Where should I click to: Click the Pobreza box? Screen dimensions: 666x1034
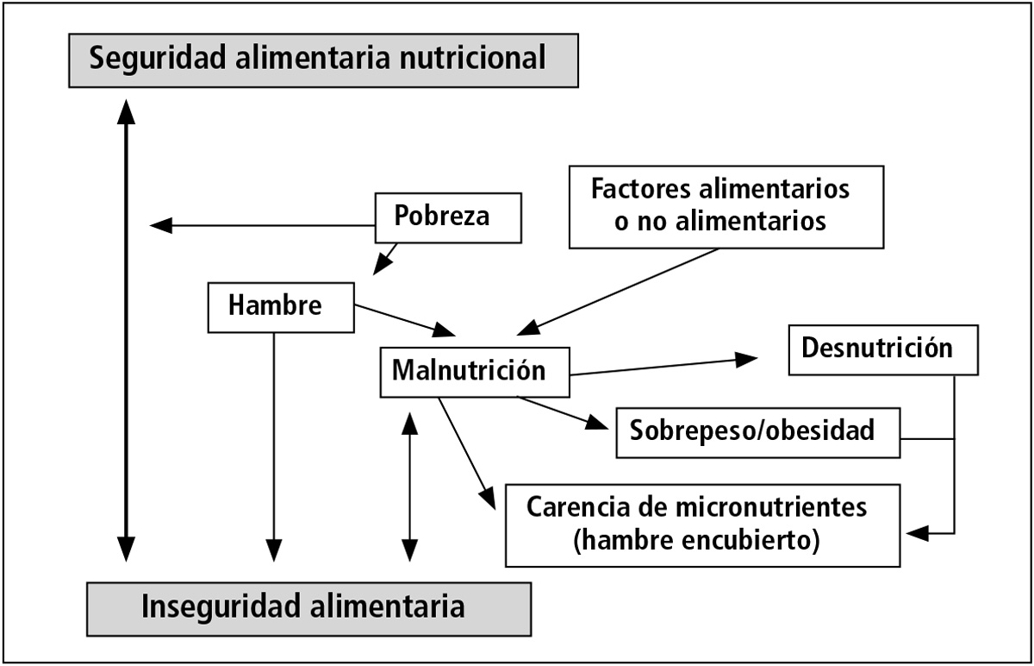(449, 218)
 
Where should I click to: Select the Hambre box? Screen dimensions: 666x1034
(281, 307)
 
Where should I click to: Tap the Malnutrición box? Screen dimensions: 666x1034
(475, 372)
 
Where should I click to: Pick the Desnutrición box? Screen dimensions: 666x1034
(883, 349)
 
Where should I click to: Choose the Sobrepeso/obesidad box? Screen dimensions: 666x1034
(757, 431)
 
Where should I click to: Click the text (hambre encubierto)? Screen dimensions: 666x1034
(695, 541)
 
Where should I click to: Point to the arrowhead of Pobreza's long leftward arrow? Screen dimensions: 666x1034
(160, 226)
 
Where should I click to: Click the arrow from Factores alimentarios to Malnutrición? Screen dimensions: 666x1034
(620, 290)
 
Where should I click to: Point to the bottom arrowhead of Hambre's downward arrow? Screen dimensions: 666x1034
(274, 550)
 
